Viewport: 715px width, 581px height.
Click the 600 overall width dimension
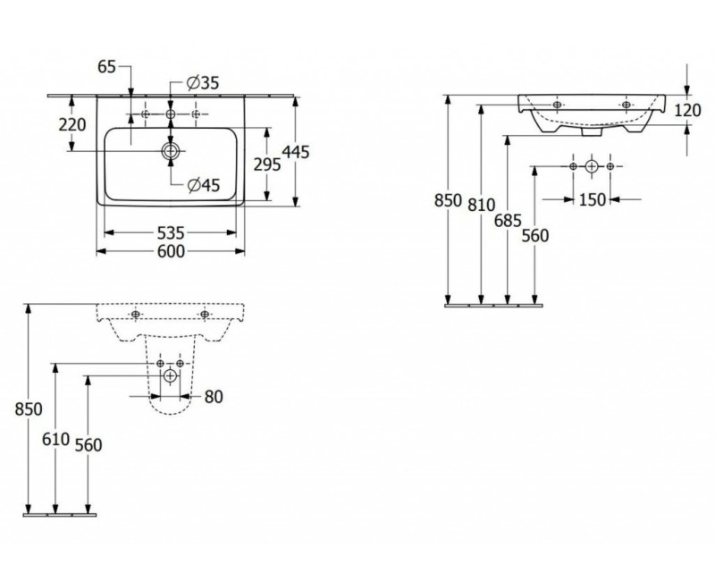coord(171,251)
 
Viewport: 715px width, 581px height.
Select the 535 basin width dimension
coord(171,233)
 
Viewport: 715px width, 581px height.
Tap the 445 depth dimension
coord(296,152)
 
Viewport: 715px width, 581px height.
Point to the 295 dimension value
coord(267,164)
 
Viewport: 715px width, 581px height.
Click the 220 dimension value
coord(72,124)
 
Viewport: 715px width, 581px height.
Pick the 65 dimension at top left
coord(107,67)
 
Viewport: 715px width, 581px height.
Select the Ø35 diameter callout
coord(203,82)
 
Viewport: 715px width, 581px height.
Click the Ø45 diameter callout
coord(204,185)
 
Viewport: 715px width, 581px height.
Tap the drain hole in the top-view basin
coord(171,151)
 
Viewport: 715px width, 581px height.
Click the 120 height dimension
coord(687,110)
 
